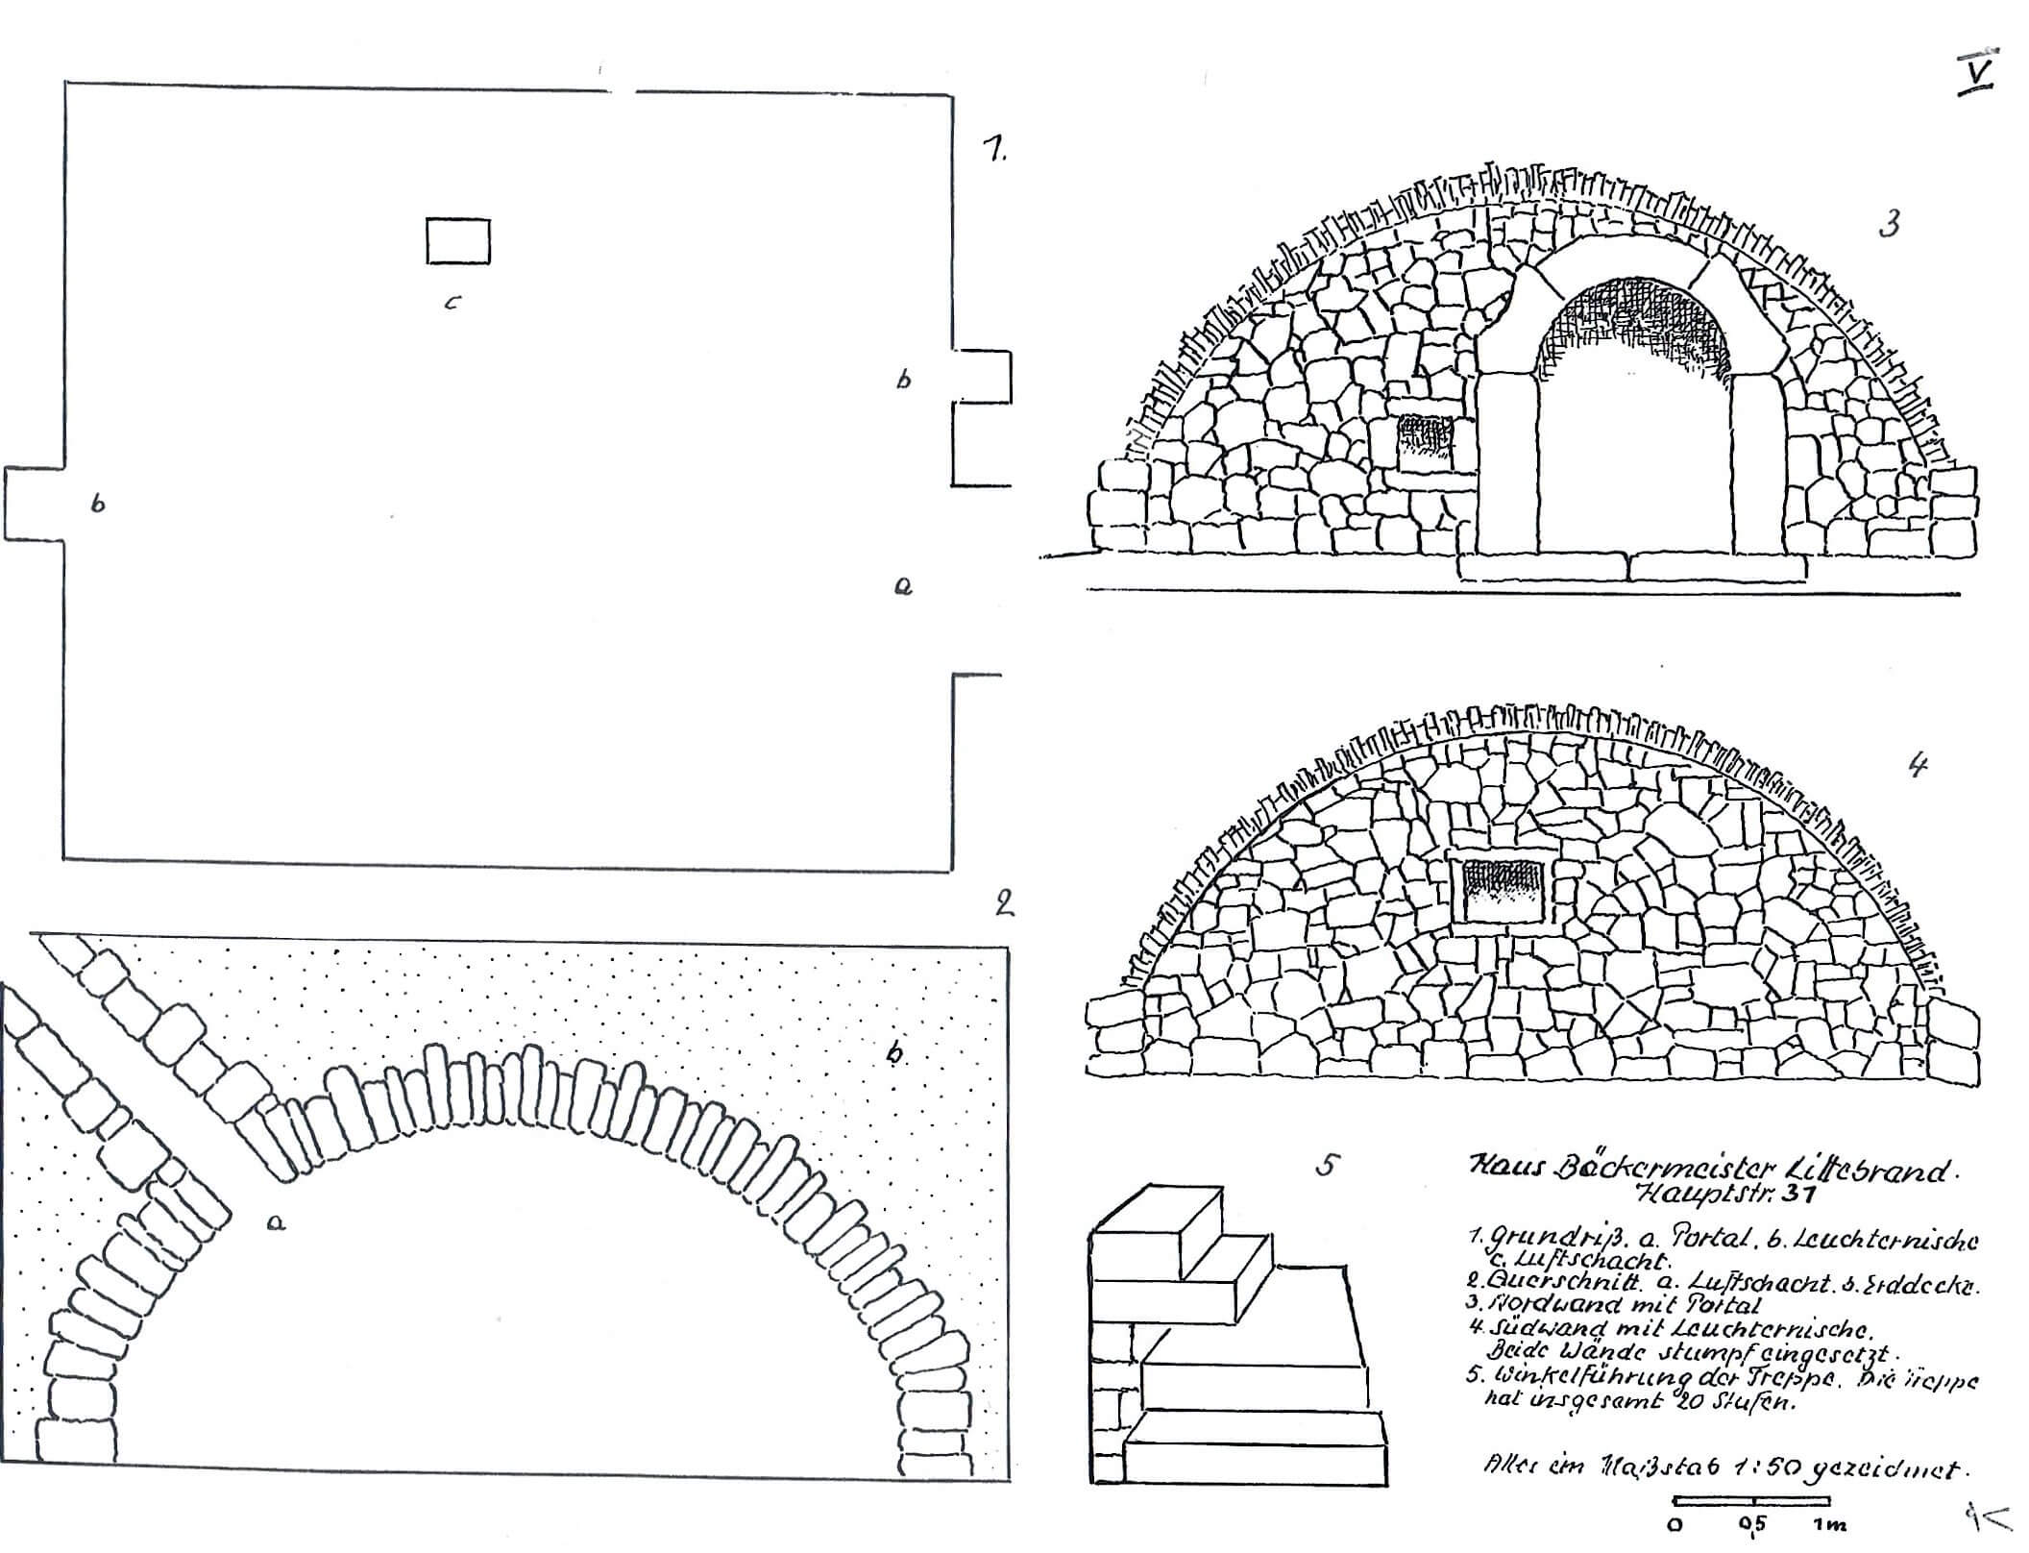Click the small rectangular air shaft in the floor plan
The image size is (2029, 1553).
pyautogui.click(x=458, y=240)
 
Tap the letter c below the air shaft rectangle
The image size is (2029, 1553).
pyautogui.click(x=452, y=303)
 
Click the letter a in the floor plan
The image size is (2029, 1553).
pyautogui.click(x=903, y=586)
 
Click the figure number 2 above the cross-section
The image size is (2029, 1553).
pyautogui.click(x=1005, y=902)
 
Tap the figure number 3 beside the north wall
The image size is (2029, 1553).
pyautogui.click(x=1889, y=226)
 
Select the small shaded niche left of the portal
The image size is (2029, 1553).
pyautogui.click(x=1426, y=442)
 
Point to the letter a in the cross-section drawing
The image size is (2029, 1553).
pyautogui.click(x=277, y=1222)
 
